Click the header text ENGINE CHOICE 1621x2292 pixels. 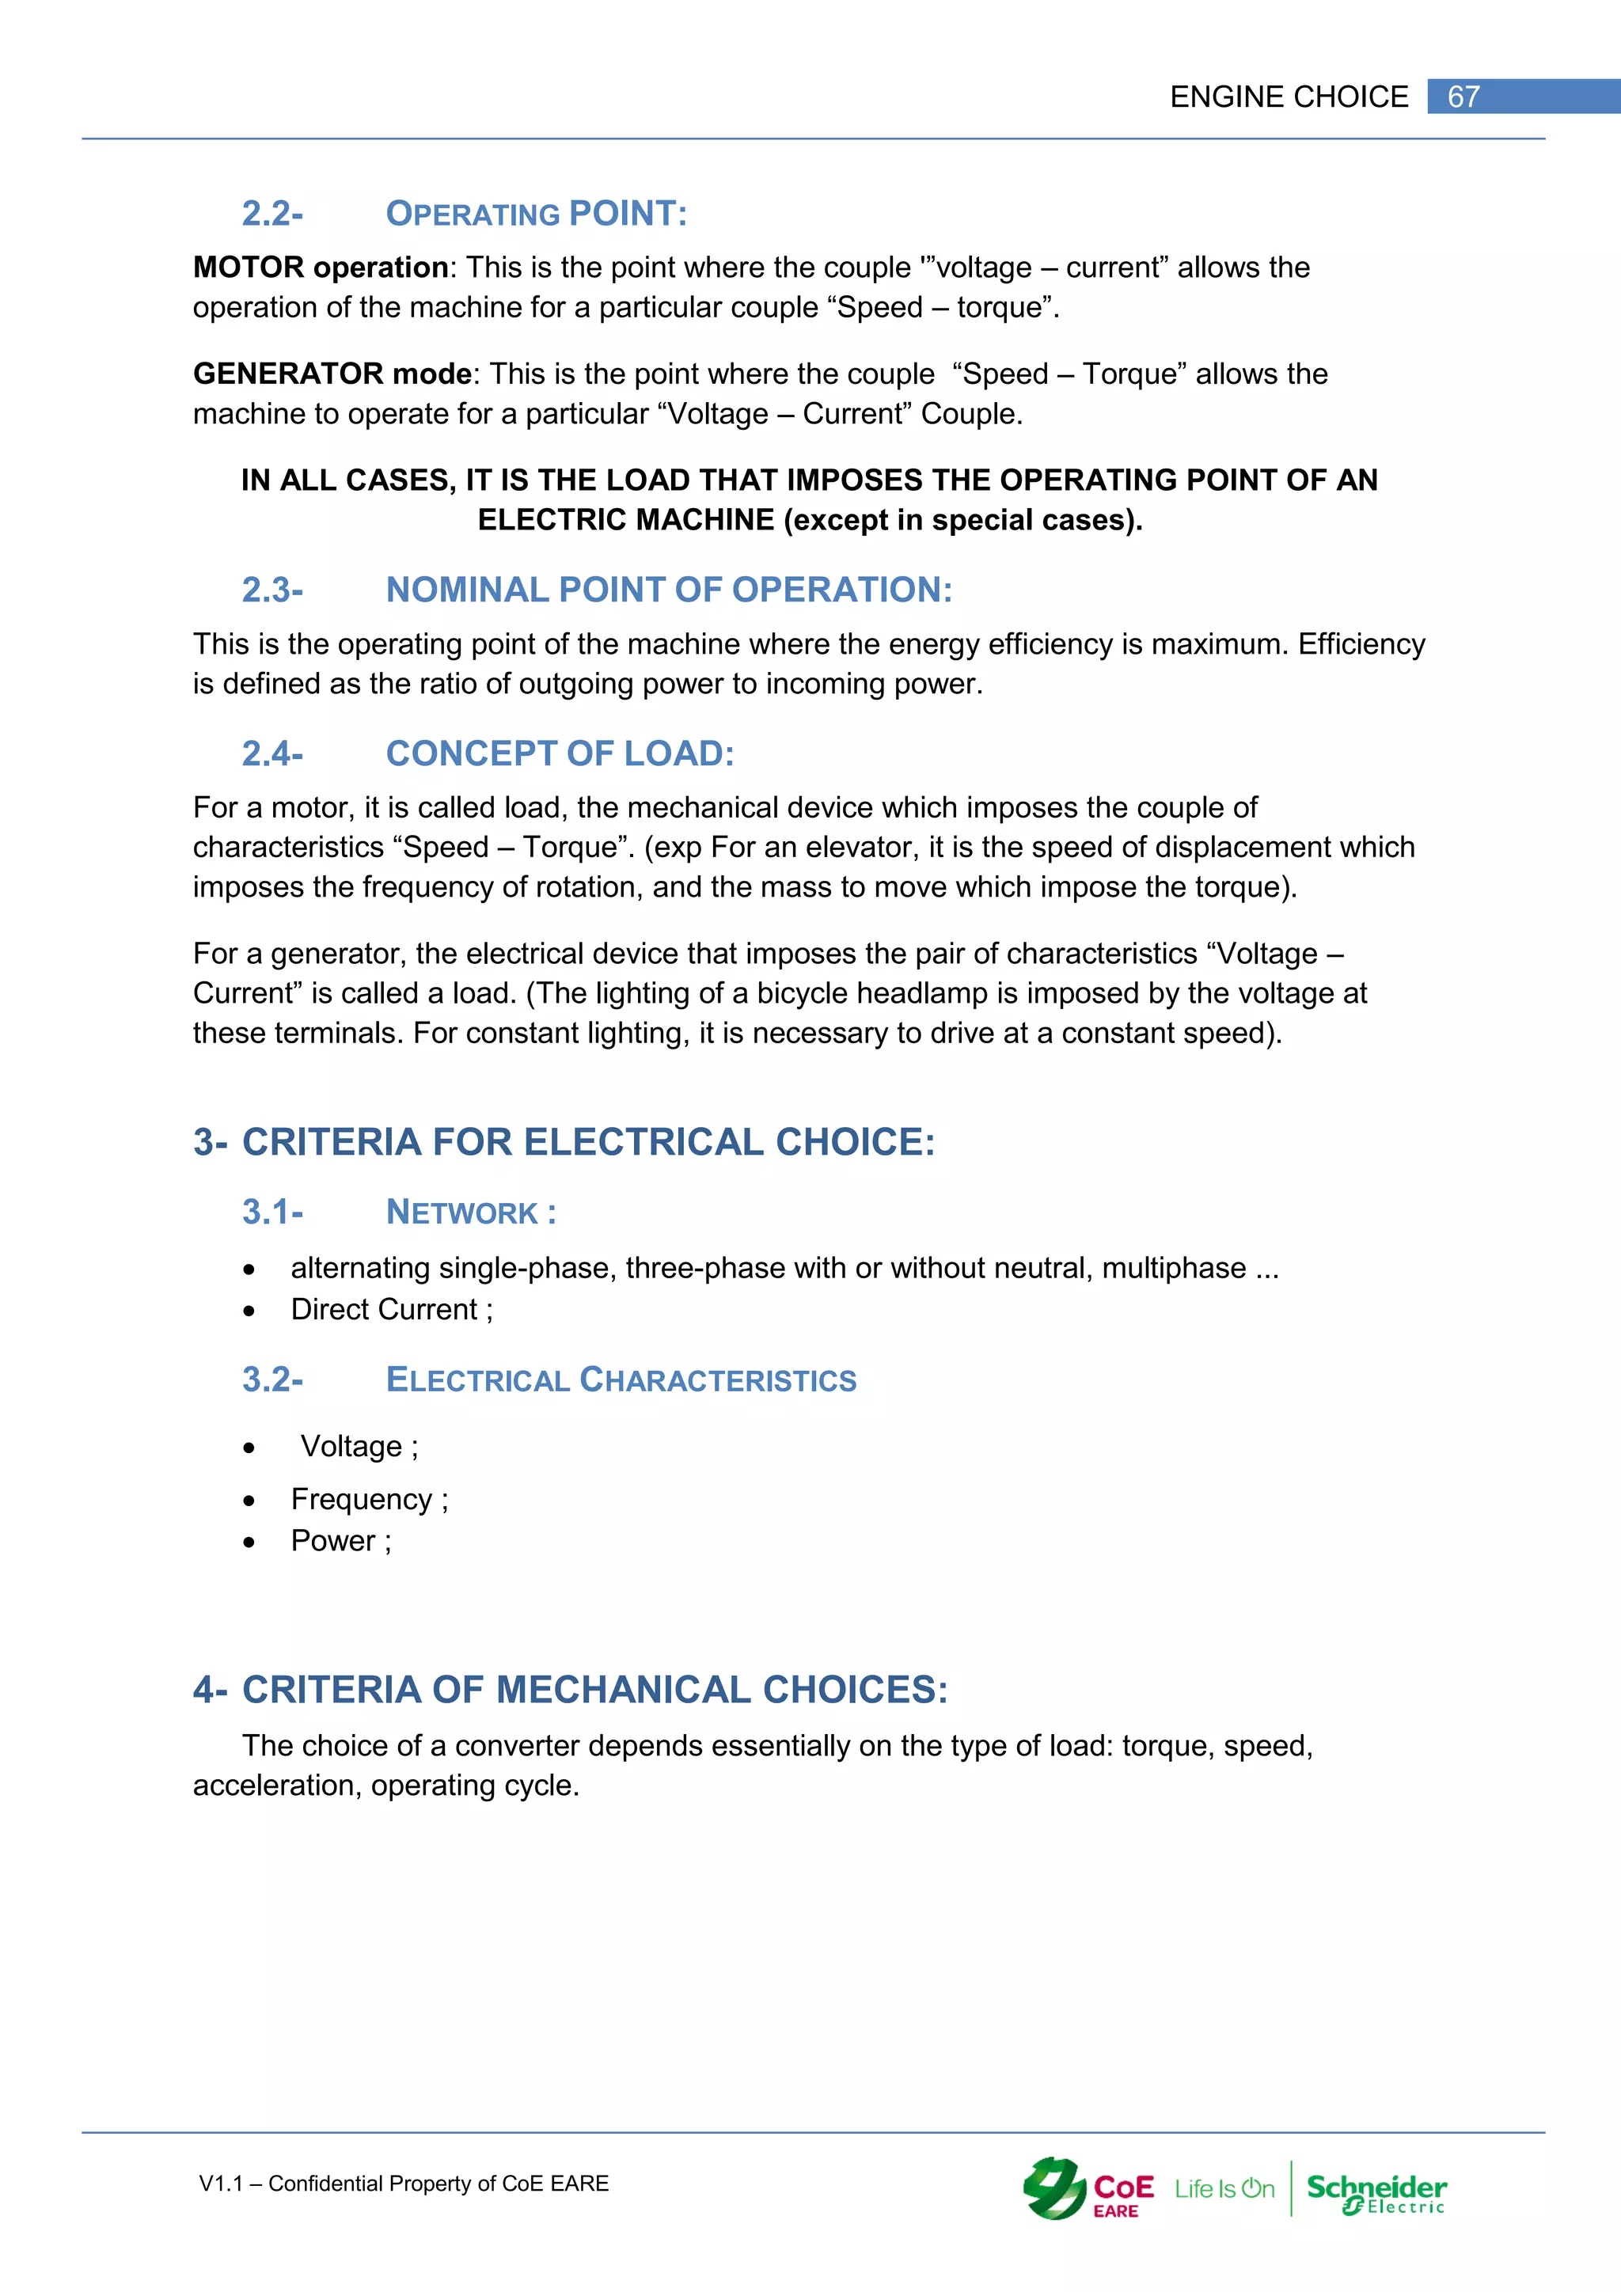[1289, 97]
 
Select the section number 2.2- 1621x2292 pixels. [271, 214]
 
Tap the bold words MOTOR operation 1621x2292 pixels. [321, 268]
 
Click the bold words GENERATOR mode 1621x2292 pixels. [332, 374]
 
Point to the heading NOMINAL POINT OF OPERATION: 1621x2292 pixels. [669, 590]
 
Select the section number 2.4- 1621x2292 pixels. [271, 753]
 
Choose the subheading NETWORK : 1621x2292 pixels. [471, 1213]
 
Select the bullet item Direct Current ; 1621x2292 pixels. [391, 1310]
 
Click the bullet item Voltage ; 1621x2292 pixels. [359, 1447]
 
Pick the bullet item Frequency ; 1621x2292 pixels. [370, 1500]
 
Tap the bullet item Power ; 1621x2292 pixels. [340, 1541]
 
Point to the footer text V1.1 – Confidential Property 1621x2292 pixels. [403, 2184]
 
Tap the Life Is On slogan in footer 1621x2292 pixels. [1224, 2189]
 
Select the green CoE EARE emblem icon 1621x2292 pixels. [1054, 2188]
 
